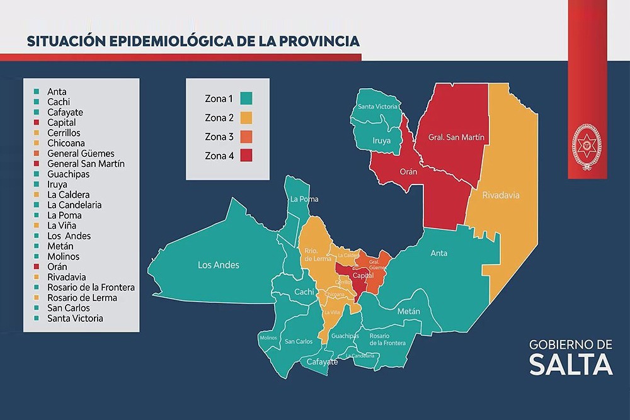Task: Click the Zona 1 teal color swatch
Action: coord(246,98)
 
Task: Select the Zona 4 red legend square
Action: coord(246,155)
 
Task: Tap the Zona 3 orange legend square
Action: coord(246,136)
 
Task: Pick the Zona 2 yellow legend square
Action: coord(246,117)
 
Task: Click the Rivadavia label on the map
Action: coord(501,195)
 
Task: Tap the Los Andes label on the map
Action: coord(219,265)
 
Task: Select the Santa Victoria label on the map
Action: coord(378,106)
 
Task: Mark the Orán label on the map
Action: coord(408,171)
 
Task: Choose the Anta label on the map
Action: coord(438,253)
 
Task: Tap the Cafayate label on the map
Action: coord(322,362)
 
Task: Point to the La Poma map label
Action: coord(304,199)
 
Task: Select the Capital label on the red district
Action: coord(364,276)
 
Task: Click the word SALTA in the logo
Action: coord(570,364)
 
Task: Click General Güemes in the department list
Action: coord(81,154)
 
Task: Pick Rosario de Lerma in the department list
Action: coord(82,298)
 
